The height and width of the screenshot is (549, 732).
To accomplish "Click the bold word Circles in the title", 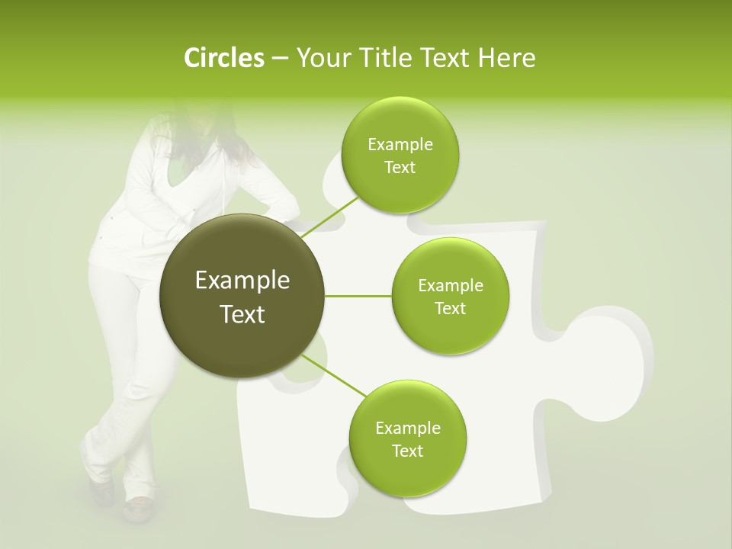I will pyautogui.click(x=224, y=58).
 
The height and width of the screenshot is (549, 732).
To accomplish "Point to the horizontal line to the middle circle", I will pyautogui.click(x=358, y=296).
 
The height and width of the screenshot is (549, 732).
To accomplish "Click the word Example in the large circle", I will pyautogui.click(x=242, y=281).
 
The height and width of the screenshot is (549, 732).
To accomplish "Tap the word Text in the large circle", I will pyautogui.click(x=242, y=314).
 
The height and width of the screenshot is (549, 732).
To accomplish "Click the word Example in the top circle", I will pyautogui.click(x=400, y=145).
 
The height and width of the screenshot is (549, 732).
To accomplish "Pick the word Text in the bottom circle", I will pyautogui.click(x=407, y=451).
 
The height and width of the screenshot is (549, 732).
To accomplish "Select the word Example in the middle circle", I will pyautogui.click(x=451, y=286).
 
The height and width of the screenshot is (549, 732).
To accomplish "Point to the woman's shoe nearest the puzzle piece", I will pyautogui.click(x=138, y=508).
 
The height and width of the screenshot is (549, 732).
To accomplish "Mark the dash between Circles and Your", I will pyautogui.click(x=279, y=59).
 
